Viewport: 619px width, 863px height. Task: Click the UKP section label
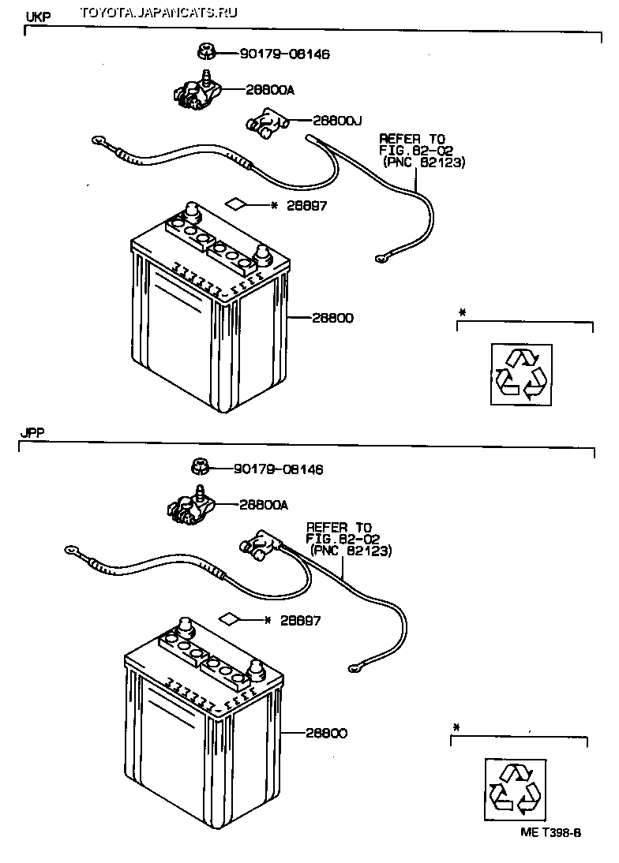[38, 17]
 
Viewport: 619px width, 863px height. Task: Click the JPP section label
[32, 432]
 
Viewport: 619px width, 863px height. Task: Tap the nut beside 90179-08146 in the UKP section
[204, 53]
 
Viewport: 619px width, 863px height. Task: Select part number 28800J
[336, 121]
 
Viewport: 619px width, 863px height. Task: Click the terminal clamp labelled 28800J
[266, 123]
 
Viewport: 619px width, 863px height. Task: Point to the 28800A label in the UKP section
[270, 90]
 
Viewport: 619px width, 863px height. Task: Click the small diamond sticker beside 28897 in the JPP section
[231, 618]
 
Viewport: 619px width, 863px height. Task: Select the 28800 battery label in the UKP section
[332, 318]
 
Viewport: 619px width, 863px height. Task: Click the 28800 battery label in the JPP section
[327, 733]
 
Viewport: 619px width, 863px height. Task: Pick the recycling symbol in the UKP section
[521, 375]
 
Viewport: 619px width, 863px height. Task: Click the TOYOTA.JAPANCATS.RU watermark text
[159, 12]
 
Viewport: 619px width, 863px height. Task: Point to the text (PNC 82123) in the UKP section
[423, 163]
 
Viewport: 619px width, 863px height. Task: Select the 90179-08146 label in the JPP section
[279, 469]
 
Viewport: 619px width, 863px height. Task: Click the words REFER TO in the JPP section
[339, 528]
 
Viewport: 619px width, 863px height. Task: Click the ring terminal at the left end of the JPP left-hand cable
[72, 549]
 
